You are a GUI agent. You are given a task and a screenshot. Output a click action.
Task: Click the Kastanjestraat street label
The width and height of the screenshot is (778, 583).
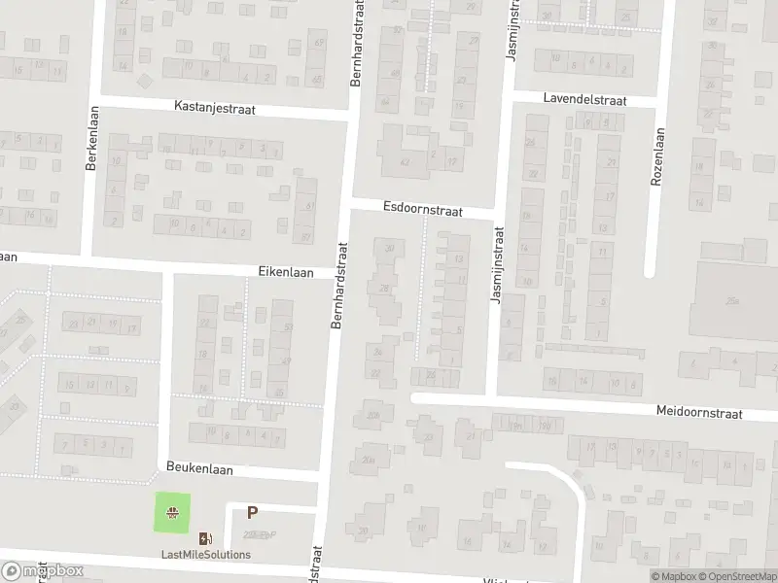click(214, 109)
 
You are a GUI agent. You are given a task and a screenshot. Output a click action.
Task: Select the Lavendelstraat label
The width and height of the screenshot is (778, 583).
click(583, 100)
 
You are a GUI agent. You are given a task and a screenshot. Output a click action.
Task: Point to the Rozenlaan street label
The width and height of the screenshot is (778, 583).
click(658, 154)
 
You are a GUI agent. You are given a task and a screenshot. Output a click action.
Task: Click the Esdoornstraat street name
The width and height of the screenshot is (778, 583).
click(422, 208)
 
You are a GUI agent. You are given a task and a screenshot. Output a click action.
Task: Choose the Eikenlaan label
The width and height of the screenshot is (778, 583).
click(286, 273)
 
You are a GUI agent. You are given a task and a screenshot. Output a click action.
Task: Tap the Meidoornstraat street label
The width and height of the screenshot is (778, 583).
click(698, 413)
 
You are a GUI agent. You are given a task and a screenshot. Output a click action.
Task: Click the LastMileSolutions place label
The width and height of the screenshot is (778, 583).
click(205, 555)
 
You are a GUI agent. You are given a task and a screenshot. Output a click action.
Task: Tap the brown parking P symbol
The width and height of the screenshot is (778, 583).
click(253, 513)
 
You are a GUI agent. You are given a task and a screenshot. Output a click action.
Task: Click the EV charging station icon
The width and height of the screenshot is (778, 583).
click(205, 538)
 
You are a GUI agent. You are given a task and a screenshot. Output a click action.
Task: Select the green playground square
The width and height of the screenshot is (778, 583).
click(173, 512)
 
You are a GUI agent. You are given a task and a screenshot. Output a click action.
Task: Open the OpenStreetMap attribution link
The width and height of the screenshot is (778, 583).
click(736, 576)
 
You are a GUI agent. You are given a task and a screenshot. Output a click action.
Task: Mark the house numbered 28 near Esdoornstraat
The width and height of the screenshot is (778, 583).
click(385, 289)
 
